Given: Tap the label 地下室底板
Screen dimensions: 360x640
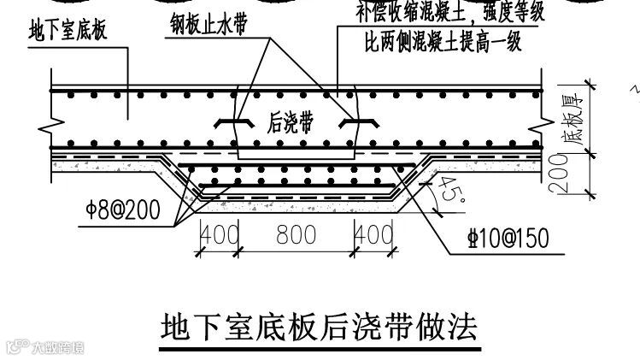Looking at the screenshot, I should [x=69, y=34].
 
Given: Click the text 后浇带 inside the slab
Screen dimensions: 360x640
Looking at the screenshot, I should [x=288, y=123].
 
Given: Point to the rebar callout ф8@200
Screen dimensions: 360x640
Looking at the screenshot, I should [x=123, y=211].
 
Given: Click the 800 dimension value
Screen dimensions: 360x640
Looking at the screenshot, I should [x=296, y=235].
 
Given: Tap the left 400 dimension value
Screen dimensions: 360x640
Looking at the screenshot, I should [x=220, y=235].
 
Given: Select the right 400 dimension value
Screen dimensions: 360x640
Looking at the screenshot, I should [x=373, y=235].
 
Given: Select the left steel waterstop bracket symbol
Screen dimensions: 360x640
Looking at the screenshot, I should [x=230, y=123].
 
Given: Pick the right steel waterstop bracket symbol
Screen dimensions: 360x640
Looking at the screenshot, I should [x=353, y=123].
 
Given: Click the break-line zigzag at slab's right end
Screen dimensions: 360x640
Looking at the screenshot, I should [x=537, y=120].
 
